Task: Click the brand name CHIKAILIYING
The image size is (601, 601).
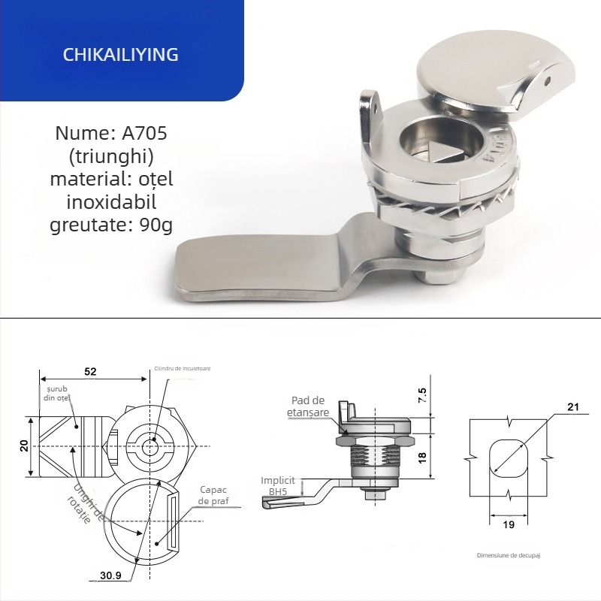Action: [x=120, y=55]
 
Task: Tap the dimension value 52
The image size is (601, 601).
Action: [x=90, y=371]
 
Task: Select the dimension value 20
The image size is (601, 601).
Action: [x=25, y=445]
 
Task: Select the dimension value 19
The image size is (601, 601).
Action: [x=509, y=525]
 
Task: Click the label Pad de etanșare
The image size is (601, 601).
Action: [x=308, y=407]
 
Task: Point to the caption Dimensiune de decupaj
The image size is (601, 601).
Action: [x=509, y=555]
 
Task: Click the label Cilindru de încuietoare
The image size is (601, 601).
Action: [x=183, y=368]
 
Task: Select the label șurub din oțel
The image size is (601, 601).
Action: [x=57, y=393]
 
